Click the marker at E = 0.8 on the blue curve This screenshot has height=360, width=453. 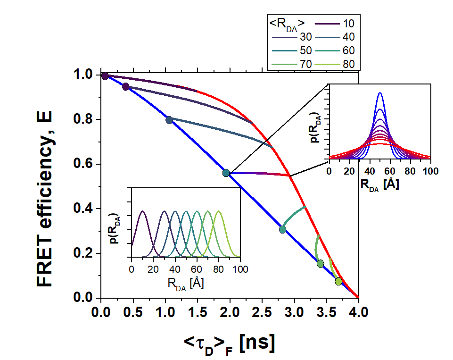point(169,120)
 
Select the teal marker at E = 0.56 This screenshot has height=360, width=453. point(226,173)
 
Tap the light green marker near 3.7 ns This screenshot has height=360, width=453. point(338,282)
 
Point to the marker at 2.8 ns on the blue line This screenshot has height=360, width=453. point(282,230)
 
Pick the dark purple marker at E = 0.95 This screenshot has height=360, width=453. point(125,87)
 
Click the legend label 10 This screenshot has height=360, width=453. point(348,23)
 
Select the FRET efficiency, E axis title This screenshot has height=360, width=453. point(45,186)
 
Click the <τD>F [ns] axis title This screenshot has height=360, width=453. point(230,343)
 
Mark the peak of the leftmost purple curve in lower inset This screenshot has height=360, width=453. point(142,211)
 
